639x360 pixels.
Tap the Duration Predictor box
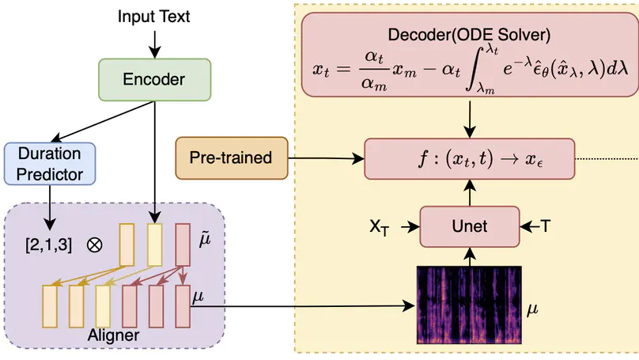[x=49, y=163]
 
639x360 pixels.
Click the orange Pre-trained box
[x=230, y=158]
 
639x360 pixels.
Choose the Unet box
[x=470, y=227]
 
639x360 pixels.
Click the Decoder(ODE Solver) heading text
[x=470, y=36]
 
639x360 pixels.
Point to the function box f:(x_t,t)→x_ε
[x=470, y=158]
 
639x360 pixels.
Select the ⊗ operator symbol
[x=95, y=244]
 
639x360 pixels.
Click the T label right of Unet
[x=545, y=227]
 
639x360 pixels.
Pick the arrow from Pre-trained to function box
[x=324, y=158]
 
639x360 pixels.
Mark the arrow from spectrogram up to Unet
[x=470, y=255]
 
